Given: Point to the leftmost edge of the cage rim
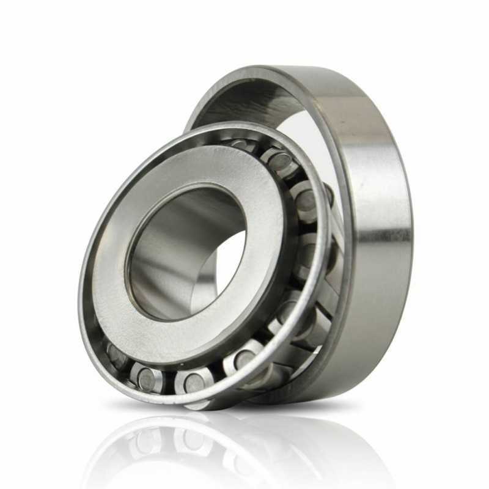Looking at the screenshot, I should [81, 287].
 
